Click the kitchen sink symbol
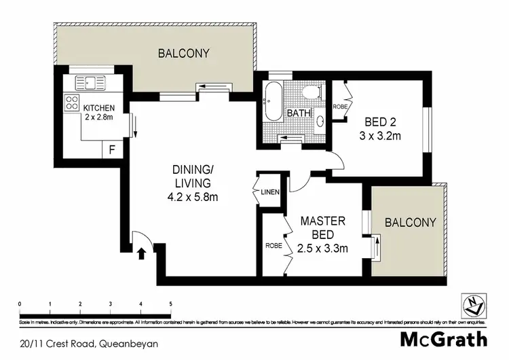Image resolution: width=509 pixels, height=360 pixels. click(x=90, y=83)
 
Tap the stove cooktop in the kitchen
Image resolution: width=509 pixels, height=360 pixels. click(x=71, y=103)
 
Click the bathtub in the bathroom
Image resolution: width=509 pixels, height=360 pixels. click(x=272, y=102)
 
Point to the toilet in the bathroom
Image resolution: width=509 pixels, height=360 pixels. click(x=312, y=92)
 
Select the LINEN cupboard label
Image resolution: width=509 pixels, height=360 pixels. click(x=270, y=192)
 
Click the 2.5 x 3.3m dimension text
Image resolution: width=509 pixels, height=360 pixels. click(x=322, y=248)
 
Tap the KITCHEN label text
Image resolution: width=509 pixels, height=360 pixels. click(x=98, y=108)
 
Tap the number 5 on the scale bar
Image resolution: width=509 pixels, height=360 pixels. click(x=171, y=304)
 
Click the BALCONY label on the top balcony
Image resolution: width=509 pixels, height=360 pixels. click(x=183, y=53)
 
